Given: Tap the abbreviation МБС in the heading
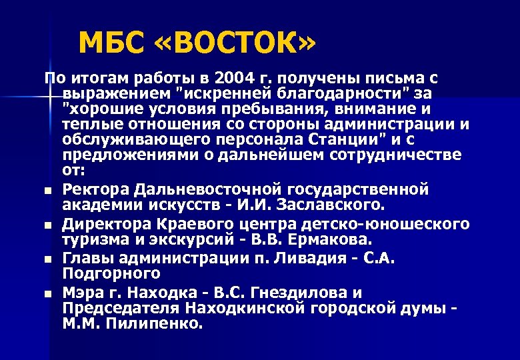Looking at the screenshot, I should pyautogui.click(x=111, y=44).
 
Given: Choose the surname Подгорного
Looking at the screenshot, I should pyautogui.click(x=112, y=273).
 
